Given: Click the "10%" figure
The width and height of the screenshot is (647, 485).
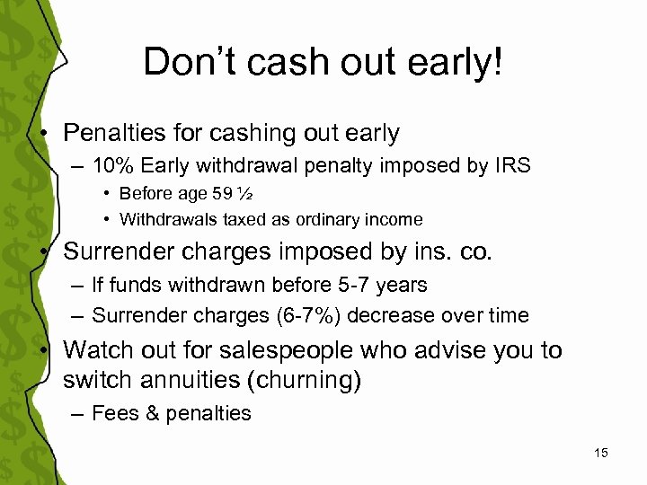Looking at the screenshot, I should [111, 166].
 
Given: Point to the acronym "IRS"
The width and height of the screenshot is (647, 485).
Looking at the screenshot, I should [512, 166].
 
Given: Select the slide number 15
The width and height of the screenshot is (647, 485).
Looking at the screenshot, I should [601, 453].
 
